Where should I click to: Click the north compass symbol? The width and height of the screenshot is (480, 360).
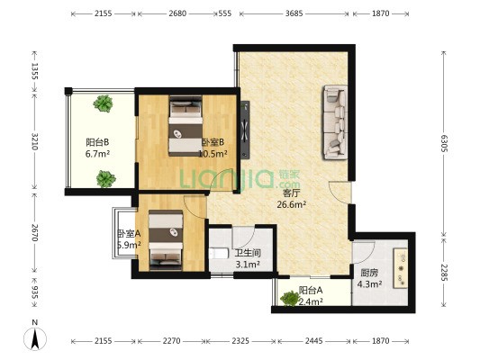(35, 336)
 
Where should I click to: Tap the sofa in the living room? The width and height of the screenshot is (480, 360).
(336, 122)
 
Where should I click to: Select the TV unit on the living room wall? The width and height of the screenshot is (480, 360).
(245, 130)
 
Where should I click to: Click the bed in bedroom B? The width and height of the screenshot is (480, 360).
(186, 126)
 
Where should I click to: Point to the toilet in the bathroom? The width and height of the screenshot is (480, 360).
(219, 254)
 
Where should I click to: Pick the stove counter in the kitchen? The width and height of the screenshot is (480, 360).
(401, 268)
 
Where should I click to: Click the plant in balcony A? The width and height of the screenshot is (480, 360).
(290, 299)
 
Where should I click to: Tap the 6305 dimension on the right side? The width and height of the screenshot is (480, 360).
(444, 143)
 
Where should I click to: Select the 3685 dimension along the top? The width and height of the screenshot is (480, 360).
(294, 13)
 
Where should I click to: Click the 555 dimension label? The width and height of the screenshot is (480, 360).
(225, 13)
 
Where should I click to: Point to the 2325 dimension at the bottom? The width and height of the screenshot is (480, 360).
(240, 341)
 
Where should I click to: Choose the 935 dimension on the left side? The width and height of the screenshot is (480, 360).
(35, 292)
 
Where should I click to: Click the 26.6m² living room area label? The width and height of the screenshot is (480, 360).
(292, 204)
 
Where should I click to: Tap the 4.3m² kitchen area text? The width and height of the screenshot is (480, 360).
(369, 284)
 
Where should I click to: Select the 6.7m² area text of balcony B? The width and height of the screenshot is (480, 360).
(97, 154)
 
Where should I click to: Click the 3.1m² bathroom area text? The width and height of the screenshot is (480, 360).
(248, 265)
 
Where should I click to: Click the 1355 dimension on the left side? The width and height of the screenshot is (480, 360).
(35, 71)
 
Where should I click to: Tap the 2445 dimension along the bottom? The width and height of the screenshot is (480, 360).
(313, 341)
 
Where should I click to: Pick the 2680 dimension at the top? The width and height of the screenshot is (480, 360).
(177, 13)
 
